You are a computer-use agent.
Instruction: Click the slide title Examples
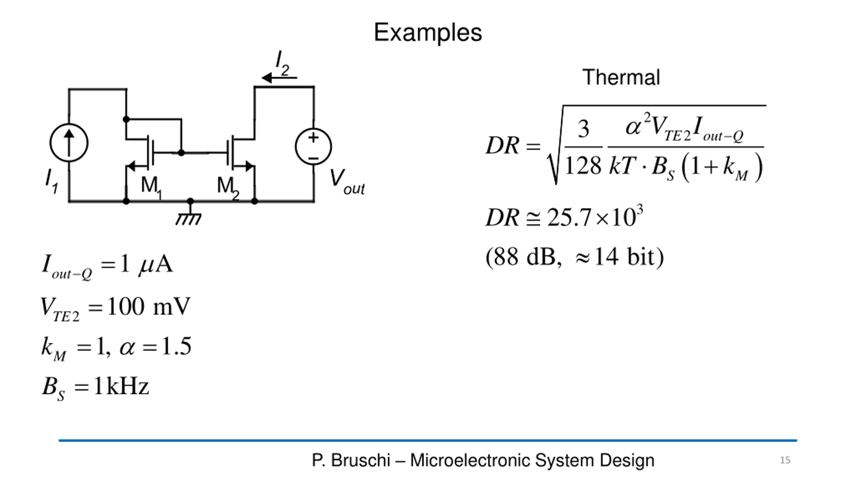click(428, 33)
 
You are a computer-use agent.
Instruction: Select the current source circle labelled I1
click(69, 143)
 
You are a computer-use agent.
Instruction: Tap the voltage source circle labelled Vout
click(313, 147)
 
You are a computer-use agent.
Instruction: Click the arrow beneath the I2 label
click(279, 78)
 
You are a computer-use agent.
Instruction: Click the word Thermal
click(621, 77)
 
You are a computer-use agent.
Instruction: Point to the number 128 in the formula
click(583, 166)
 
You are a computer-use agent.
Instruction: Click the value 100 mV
click(149, 306)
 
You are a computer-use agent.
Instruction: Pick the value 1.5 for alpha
click(177, 346)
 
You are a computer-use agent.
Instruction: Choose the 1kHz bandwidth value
click(121, 386)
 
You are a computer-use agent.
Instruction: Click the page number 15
click(785, 460)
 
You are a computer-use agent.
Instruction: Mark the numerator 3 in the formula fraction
click(583, 129)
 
